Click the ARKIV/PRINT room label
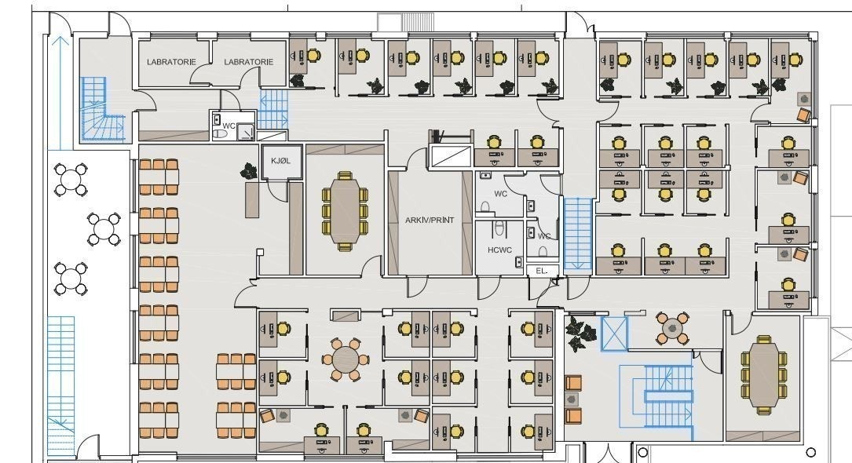[x=430, y=221]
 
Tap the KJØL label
[x=280, y=161]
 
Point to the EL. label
[x=541, y=271]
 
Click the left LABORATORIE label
[x=170, y=61]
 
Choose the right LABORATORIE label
[x=248, y=61]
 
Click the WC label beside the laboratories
[x=229, y=126]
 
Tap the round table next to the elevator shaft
[x=672, y=329]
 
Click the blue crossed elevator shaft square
[x=614, y=333]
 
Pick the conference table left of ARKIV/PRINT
[x=344, y=210]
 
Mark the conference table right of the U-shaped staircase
[x=762, y=374]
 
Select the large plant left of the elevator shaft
[x=580, y=332]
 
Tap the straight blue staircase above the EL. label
[x=577, y=233]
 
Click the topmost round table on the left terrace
[x=70, y=179]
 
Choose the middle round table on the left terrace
[x=104, y=228]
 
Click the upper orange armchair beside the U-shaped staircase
[x=573, y=383]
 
